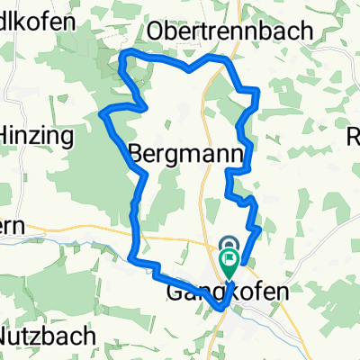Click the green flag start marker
point(229,264)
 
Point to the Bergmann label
point(187,154)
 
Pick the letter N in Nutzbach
point(6,337)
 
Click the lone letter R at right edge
point(354,137)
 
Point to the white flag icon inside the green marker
point(229,262)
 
